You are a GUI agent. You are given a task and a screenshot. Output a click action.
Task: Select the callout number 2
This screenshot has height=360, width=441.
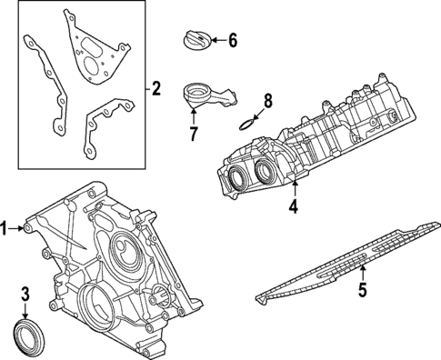(155, 88)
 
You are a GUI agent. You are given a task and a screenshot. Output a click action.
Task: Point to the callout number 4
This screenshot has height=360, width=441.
(293, 207)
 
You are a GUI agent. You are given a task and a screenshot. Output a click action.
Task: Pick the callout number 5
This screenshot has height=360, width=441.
(361, 291)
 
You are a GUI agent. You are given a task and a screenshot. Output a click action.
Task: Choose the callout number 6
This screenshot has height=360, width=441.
(232, 40)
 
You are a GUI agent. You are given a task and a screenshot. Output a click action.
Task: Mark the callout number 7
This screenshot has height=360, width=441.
(193, 135)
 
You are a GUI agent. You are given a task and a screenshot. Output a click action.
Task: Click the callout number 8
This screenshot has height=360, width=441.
(267, 100)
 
